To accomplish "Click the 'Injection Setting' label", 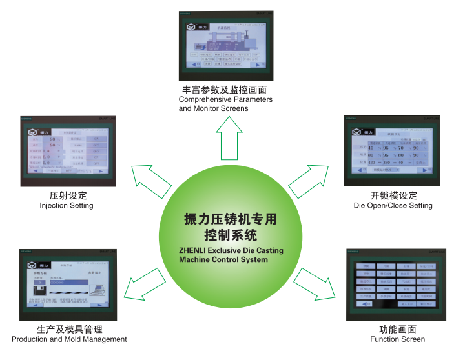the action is pyautogui.click(x=67, y=206).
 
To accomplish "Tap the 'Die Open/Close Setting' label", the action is pyautogui.click(x=393, y=206).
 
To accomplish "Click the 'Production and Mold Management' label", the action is pyautogui.click(x=69, y=339).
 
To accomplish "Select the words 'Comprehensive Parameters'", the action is pyautogui.click(x=225, y=99).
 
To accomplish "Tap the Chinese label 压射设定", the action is pyautogui.click(x=68, y=195).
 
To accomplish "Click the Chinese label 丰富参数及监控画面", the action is pyautogui.click(x=225, y=89).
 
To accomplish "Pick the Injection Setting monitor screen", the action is pyautogui.click(x=68, y=151).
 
